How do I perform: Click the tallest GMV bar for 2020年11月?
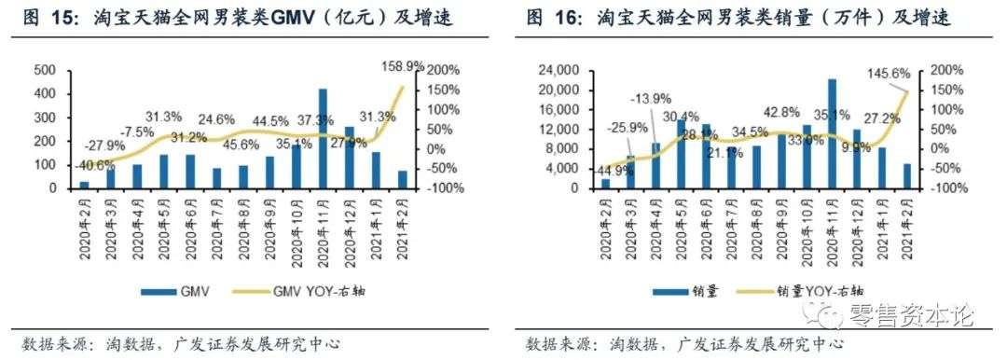click(323, 138)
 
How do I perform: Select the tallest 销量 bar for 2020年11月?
click(832, 133)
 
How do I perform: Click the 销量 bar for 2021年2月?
click(907, 175)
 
